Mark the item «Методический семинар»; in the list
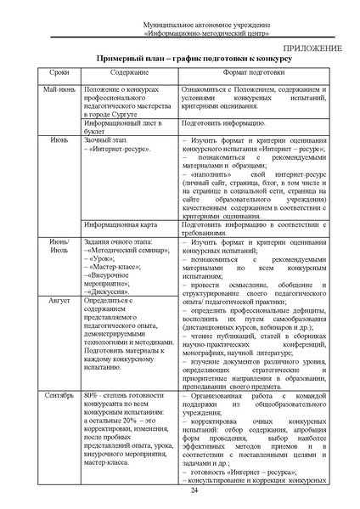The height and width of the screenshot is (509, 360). [127, 252]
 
